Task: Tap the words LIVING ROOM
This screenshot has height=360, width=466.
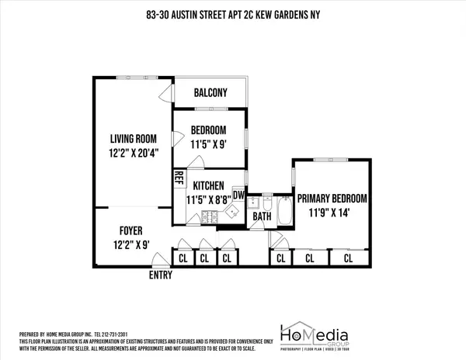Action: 133,140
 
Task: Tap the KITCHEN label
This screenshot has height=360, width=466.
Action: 208,186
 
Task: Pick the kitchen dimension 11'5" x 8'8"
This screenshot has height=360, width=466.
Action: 208,199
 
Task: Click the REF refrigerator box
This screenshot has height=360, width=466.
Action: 179,177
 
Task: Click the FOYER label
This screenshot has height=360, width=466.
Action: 130,230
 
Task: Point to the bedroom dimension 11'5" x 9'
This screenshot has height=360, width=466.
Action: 207,143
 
